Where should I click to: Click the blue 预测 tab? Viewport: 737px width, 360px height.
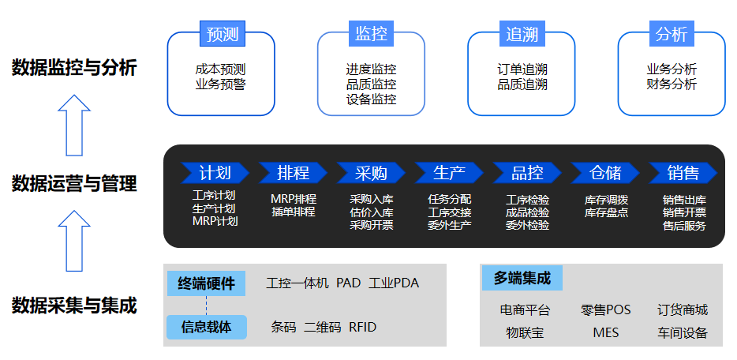[221, 34]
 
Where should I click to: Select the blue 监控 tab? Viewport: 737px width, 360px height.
[371, 34]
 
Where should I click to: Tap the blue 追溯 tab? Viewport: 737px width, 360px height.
[522, 34]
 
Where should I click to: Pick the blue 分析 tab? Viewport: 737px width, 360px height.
[672, 34]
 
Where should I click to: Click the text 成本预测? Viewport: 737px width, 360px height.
[220, 69]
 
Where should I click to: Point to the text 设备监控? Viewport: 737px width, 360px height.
[371, 99]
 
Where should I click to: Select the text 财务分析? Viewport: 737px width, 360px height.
[672, 84]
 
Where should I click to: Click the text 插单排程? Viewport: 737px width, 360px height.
[293, 212]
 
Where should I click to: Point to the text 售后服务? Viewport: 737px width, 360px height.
[684, 225]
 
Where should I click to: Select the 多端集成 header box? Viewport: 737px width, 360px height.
[522, 278]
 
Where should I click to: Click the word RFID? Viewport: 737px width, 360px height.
[363, 327]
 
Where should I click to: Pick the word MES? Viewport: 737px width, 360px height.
[606, 332]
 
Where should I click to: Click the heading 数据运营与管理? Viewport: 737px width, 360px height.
[74, 184]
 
